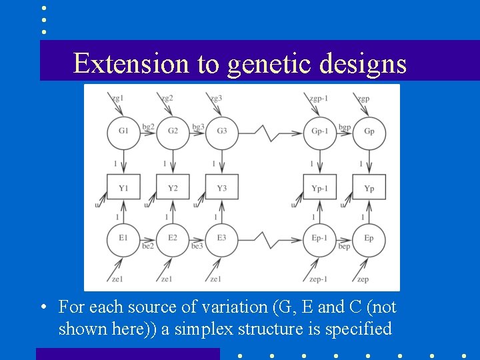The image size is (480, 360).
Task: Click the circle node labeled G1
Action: [123, 131]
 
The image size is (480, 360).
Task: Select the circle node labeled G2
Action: [173, 131]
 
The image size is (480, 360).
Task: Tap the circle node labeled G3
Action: [221, 131]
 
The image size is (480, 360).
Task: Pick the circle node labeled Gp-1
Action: [320, 131]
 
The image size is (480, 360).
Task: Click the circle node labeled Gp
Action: [369, 131]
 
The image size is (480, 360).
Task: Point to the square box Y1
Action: [123, 187]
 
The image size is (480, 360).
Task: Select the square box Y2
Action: [173, 187]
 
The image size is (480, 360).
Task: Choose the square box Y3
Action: [221, 187]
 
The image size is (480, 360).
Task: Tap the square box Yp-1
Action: [320, 187]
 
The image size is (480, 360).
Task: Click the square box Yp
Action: [369, 187]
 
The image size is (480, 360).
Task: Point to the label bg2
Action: [148, 126]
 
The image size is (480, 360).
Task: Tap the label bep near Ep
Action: [344, 247]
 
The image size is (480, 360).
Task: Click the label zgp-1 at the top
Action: [318, 99]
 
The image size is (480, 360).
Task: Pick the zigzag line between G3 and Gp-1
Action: [270, 133]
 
